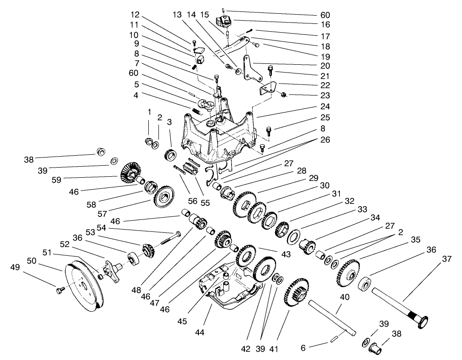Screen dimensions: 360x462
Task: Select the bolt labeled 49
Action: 59,290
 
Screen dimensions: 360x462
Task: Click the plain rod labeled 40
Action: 333,316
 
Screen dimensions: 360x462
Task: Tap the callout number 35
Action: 415,239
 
